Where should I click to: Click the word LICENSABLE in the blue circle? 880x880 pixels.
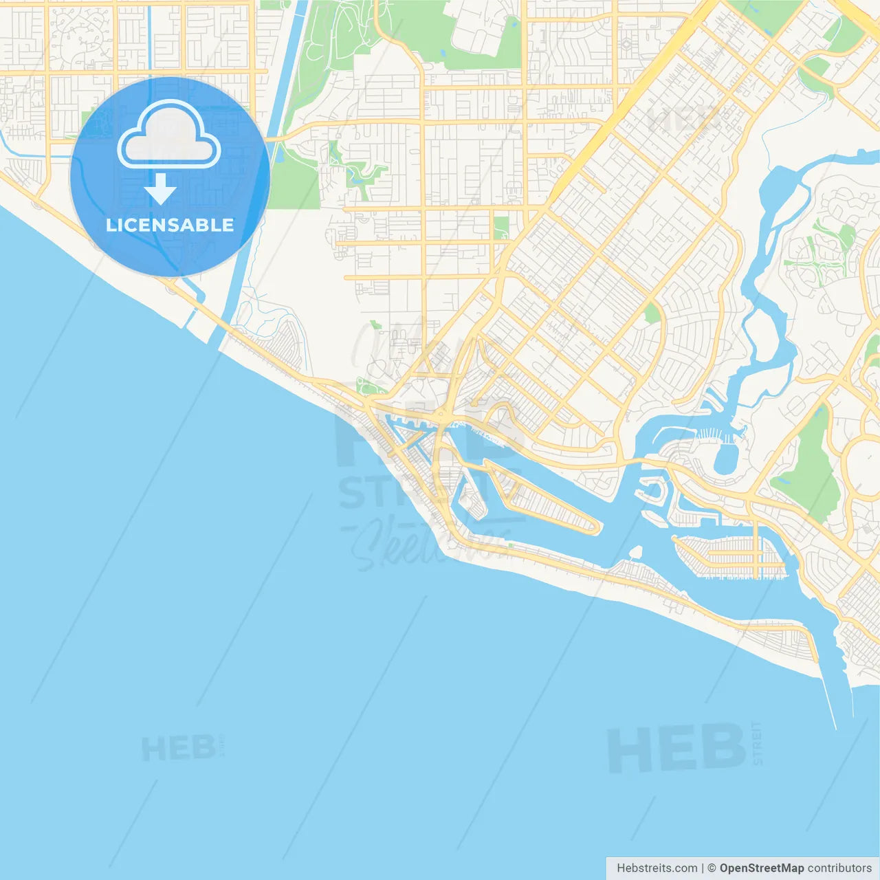point(170,225)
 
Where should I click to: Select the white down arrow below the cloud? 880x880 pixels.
point(161,188)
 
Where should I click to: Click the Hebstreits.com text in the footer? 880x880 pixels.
point(657,868)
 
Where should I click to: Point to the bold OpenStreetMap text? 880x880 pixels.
point(761,868)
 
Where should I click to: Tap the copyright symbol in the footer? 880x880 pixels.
point(712,868)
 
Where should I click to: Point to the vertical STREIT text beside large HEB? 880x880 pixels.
point(757,742)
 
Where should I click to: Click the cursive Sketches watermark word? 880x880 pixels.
point(426,543)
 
